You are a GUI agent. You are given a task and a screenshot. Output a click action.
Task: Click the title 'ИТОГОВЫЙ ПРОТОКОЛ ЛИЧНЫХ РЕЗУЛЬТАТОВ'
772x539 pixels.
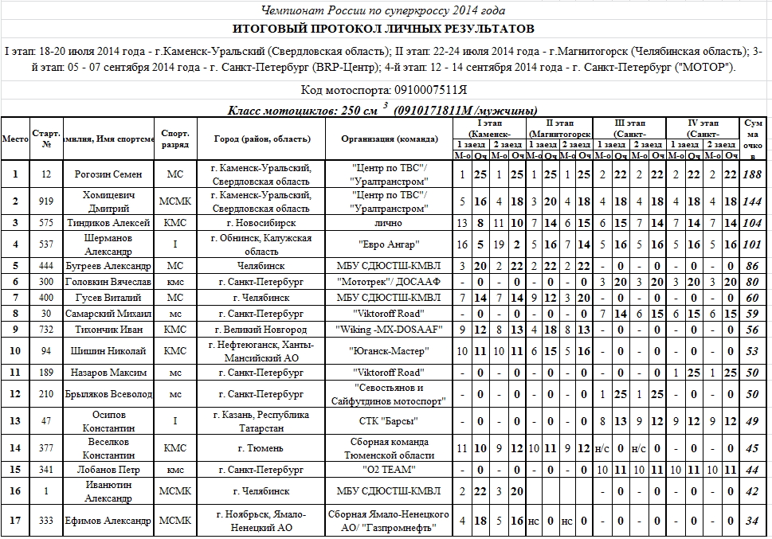pos(385,29)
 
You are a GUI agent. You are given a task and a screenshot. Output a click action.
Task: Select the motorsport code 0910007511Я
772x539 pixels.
pos(385,90)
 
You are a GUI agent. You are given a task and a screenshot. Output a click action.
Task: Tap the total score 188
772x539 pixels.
pos(752,174)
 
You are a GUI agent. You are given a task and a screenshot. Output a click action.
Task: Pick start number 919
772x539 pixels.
pos(46,202)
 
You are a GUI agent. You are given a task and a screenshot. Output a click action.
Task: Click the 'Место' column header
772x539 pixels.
pos(14,139)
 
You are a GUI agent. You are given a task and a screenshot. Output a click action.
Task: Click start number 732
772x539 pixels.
pos(46,329)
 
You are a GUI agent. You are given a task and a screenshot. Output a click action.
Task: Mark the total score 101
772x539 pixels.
pos(752,244)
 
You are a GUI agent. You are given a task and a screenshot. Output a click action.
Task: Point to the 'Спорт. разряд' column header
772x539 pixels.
pos(174,139)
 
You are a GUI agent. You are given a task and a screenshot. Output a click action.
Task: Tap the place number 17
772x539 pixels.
pos(14,521)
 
